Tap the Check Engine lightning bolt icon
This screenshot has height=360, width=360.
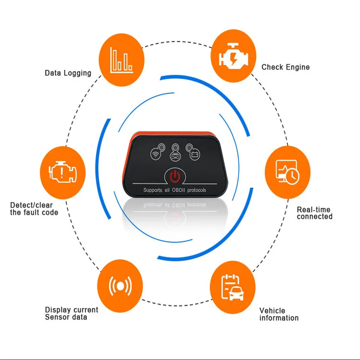233,55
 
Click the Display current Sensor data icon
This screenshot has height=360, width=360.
120,286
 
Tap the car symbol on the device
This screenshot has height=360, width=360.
175,155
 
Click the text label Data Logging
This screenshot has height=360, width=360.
68,73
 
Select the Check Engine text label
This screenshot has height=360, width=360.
285,67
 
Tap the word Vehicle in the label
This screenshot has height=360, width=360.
272,311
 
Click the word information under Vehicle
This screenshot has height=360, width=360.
279,318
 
